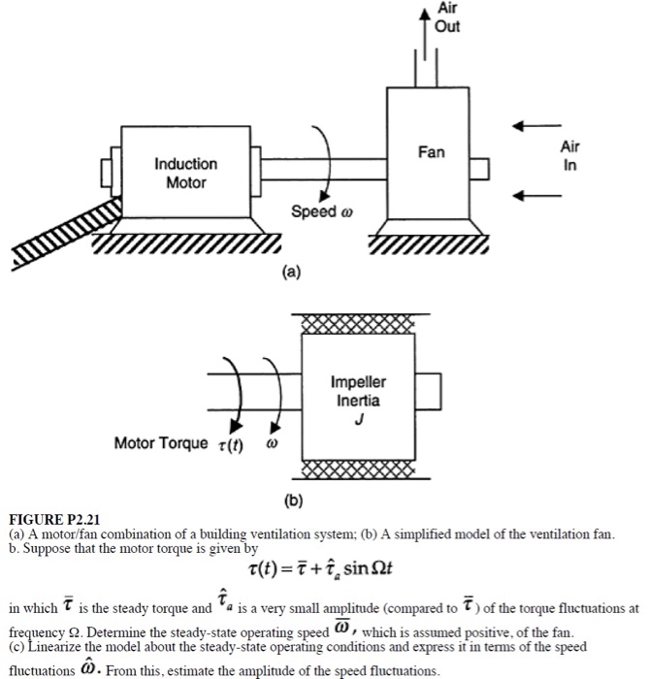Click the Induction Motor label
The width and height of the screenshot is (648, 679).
tap(185, 173)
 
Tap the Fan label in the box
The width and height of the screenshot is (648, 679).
tap(431, 152)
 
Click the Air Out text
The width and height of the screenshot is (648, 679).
tap(447, 17)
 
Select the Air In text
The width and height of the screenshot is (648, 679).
tap(569, 154)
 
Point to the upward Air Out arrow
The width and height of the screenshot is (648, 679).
tap(423, 29)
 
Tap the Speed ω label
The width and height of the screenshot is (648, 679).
tap(315, 211)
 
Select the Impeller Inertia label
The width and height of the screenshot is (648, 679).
tap(358, 390)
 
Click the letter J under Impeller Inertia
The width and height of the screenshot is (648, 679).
tap(358, 418)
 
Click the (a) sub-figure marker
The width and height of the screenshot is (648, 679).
tap(292, 273)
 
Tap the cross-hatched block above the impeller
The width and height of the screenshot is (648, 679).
tap(358, 323)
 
